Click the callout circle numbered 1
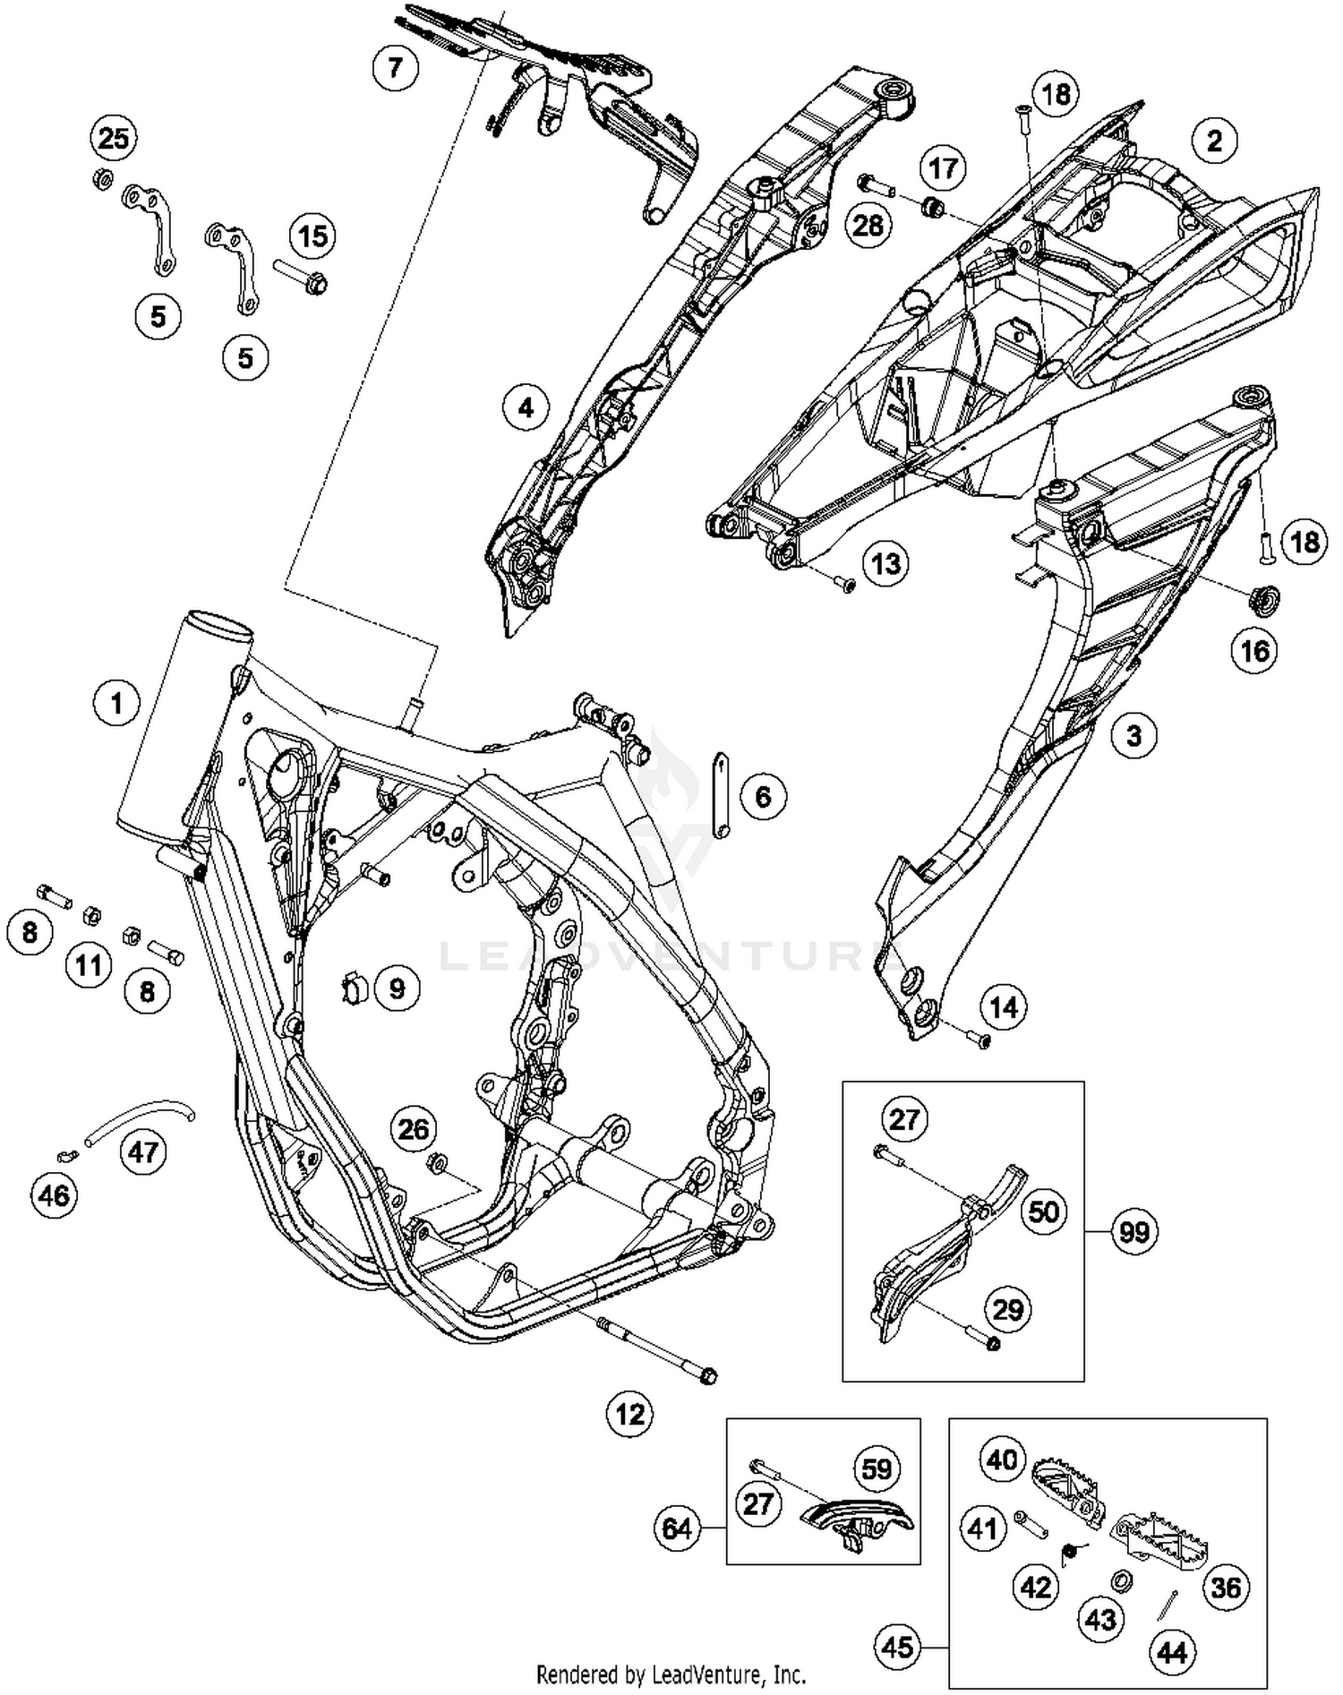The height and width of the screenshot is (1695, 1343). [116, 703]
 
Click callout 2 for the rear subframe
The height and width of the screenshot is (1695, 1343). [1214, 140]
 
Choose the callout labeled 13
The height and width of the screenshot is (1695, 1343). [885, 563]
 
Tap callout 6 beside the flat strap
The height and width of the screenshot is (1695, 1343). [763, 795]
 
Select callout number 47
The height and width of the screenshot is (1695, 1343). [143, 1151]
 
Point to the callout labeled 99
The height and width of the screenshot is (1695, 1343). [1133, 1232]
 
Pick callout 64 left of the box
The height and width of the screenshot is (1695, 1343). [677, 1527]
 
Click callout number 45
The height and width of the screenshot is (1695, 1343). [898, 1647]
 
